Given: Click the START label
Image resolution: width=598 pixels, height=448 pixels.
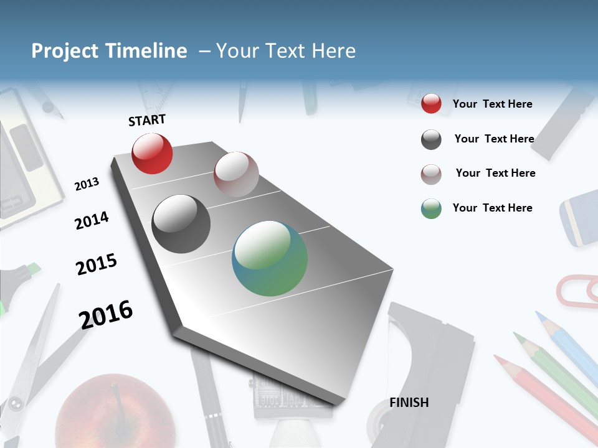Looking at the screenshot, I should [x=147, y=120].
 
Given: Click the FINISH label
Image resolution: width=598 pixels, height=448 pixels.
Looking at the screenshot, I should [x=409, y=403].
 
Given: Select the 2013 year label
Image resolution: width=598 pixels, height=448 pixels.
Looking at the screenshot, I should [x=87, y=184].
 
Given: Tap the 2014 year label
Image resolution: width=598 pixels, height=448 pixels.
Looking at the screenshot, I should [x=92, y=220].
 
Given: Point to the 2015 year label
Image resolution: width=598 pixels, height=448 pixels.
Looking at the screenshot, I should [x=97, y=264].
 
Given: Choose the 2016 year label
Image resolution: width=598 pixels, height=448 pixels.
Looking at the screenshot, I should [x=106, y=314].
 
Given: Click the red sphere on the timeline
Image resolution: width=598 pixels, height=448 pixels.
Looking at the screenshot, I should [x=152, y=153].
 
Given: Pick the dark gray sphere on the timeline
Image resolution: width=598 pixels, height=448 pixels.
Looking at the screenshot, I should [x=181, y=224].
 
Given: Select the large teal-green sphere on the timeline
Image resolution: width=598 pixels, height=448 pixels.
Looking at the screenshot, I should [x=270, y=258].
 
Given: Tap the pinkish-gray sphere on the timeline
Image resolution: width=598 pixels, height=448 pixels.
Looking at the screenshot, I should [x=236, y=174].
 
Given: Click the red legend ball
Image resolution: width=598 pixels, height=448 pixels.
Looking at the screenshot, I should [x=431, y=103].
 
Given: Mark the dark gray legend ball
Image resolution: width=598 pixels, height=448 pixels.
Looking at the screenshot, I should [x=431, y=139].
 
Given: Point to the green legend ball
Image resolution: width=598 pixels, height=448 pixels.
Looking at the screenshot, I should [x=431, y=208].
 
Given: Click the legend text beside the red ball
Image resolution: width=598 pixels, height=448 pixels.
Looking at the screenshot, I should [x=492, y=104].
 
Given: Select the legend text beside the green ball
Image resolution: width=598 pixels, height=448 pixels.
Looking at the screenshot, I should [x=492, y=208].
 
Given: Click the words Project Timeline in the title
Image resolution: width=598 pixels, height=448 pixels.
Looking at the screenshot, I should [x=109, y=51].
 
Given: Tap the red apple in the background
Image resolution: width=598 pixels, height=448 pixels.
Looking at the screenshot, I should [x=115, y=411].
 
